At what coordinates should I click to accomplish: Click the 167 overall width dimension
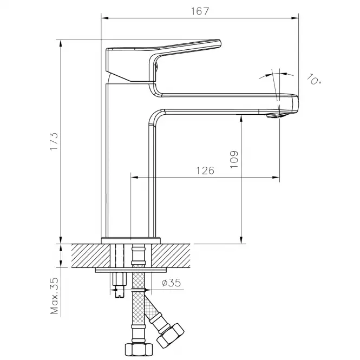tap(200, 11)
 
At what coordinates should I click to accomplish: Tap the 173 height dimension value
tap(54, 141)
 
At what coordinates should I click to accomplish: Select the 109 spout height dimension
tap(234, 160)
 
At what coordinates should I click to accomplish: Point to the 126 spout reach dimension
tap(205, 171)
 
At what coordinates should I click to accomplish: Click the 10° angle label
tap(314, 79)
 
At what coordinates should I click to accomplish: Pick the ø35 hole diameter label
tap(171, 283)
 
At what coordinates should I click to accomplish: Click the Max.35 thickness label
tap(55, 296)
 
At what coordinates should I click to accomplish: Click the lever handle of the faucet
tap(163, 61)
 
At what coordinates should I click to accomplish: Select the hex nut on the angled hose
tap(171, 336)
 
